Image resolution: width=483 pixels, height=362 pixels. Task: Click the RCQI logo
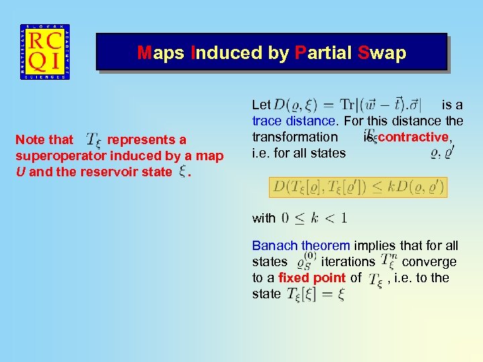(x=45, y=53)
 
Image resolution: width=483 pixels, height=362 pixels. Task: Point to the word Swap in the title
(x=382, y=53)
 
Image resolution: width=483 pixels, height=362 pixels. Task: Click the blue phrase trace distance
(x=294, y=121)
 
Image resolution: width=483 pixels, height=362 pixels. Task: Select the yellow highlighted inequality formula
(x=358, y=187)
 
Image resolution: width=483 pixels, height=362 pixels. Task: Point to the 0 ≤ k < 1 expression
(x=314, y=218)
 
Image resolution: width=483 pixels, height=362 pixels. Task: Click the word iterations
(x=347, y=261)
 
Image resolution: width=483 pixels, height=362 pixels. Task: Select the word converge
(x=429, y=261)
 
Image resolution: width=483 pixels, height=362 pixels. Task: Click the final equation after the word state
(x=315, y=294)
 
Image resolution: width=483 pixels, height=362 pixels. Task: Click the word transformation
(x=295, y=137)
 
